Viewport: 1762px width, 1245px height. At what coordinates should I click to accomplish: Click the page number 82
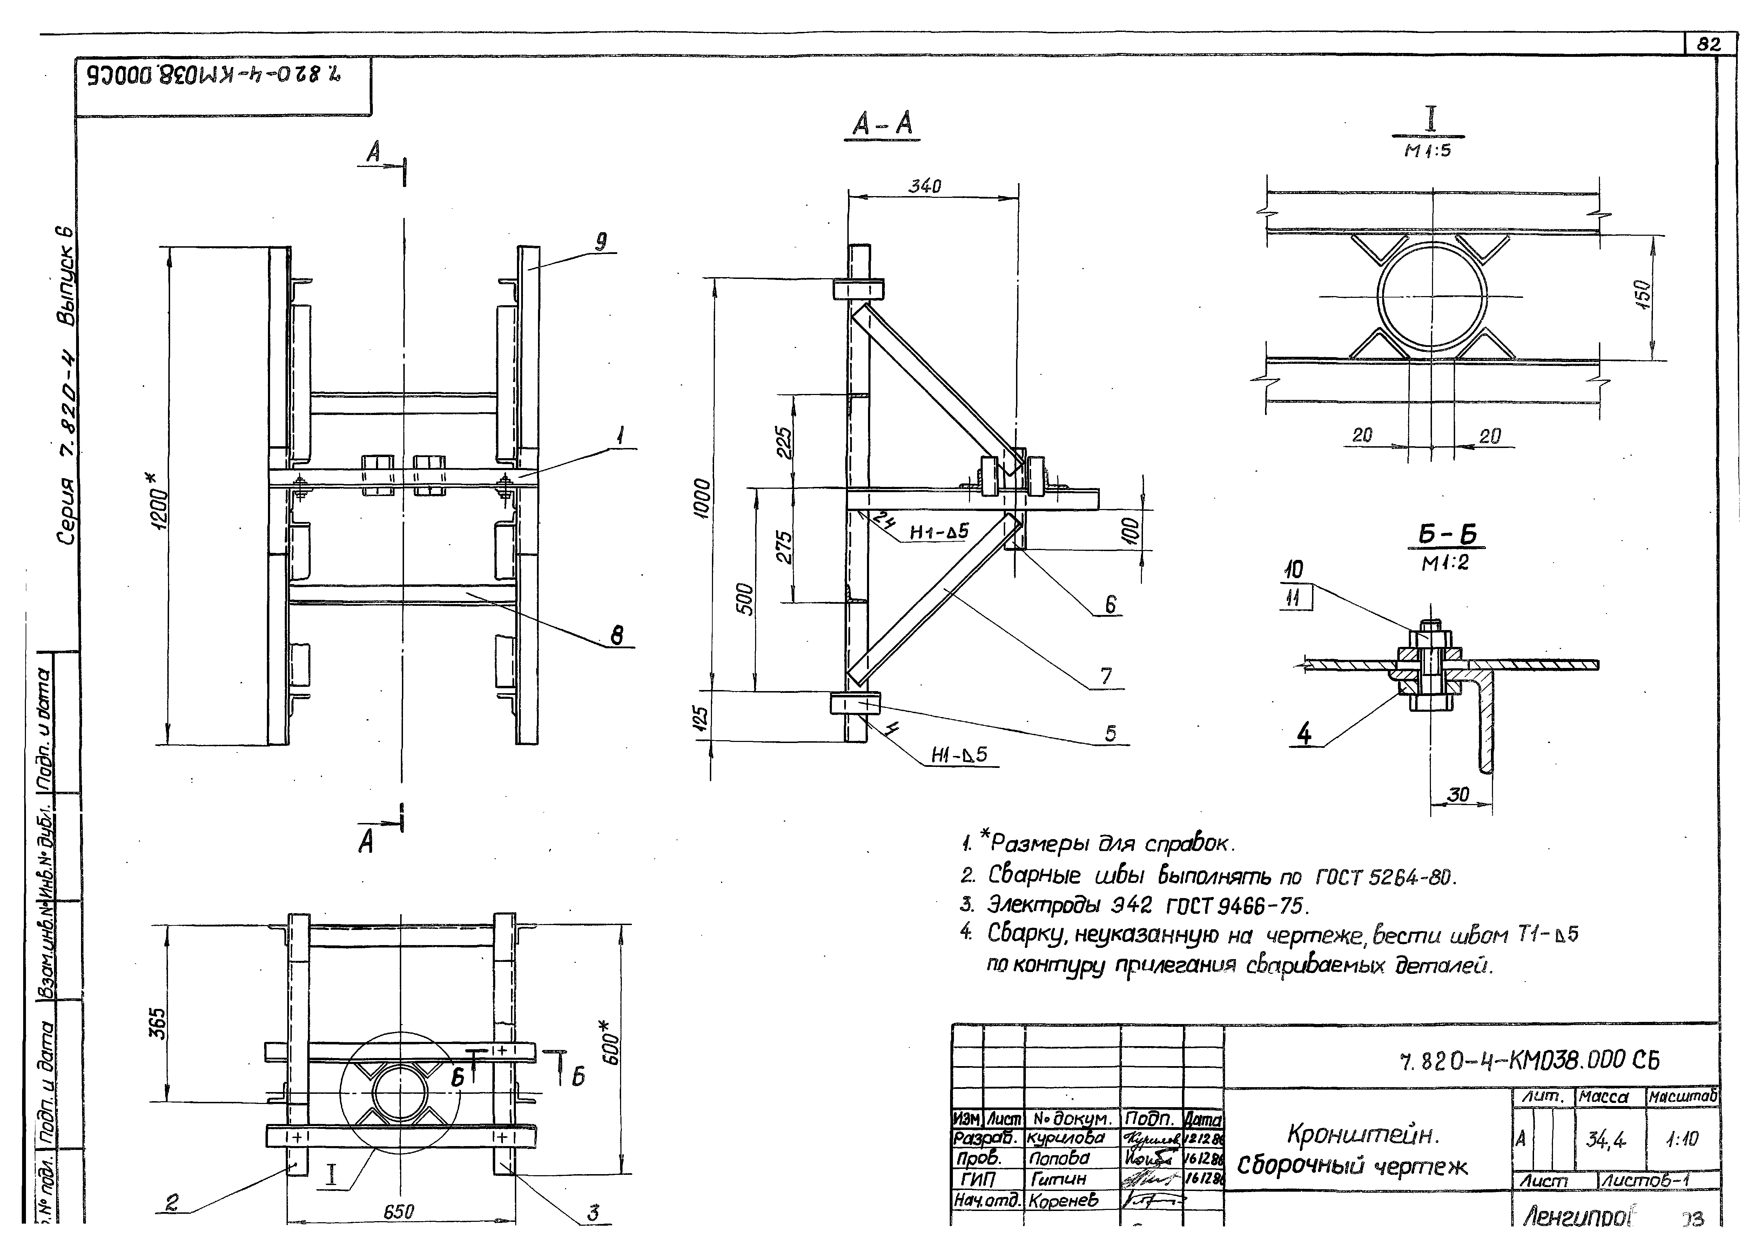[x=1708, y=45]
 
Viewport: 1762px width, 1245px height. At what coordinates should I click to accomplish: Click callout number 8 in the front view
[x=616, y=636]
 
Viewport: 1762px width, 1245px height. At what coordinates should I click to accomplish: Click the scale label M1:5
[x=1427, y=150]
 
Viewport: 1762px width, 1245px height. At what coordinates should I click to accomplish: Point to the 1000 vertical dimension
[x=702, y=499]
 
